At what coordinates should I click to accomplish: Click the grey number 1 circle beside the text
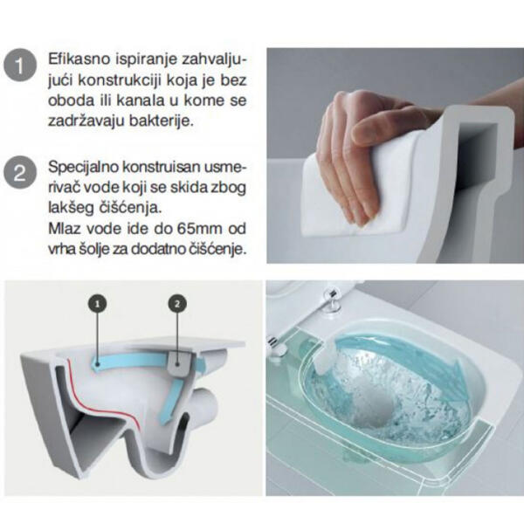tap(19, 66)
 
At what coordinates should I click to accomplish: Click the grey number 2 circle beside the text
tap(19, 172)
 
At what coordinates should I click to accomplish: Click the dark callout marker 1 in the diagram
tap(98, 302)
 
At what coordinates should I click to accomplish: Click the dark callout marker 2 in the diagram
tap(177, 303)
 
